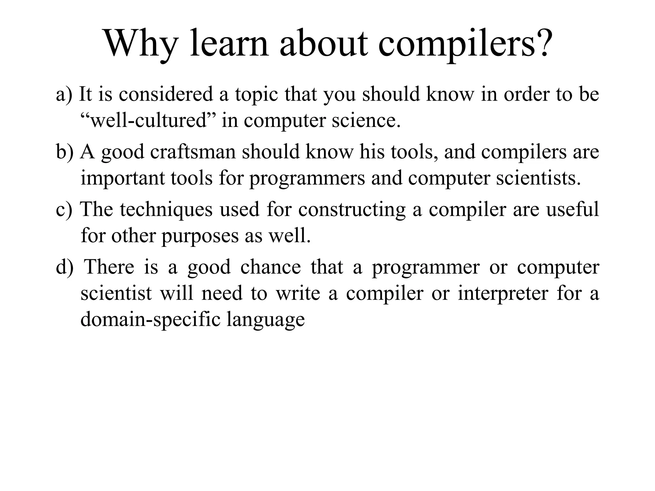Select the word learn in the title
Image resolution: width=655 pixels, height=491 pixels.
click(x=229, y=43)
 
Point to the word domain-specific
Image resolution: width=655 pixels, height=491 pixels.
click(x=150, y=319)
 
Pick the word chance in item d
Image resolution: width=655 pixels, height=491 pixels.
click(x=271, y=267)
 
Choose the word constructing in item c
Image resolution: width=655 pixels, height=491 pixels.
click(x=352, y=210)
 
